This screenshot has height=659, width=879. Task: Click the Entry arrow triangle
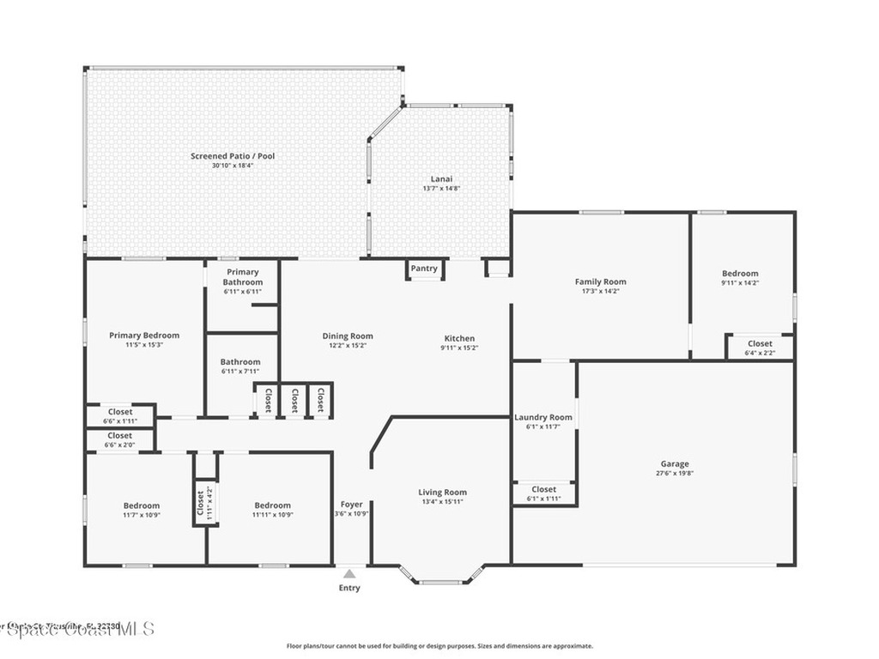pos(349,573)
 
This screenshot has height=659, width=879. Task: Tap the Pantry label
pos(424,269)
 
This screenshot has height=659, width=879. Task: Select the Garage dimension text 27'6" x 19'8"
pos(675,474)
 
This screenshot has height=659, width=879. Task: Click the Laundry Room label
pos(543,418)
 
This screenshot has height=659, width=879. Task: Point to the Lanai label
pos(441,178)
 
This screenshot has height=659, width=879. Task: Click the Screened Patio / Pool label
pos(233,156)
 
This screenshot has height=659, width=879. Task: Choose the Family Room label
pos(600,281)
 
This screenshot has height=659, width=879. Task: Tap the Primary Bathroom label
pos(243,277)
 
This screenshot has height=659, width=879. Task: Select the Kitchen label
pos(459,338)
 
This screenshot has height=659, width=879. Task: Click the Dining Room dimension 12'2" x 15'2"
pos(348,346)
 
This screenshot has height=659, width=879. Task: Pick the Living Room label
pos(443,493)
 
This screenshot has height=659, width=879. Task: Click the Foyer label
pos(352,505)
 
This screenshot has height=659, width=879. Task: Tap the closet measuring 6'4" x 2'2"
pos(760,348)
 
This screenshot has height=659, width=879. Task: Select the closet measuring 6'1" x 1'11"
pos(543,493)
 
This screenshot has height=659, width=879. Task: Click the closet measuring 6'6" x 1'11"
pos(120,416)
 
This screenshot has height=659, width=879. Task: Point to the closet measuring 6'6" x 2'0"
pos(120,440)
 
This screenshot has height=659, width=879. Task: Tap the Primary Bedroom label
pos(144,336)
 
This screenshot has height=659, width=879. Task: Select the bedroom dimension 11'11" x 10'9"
pos(272,515)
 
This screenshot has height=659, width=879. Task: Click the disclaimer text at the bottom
pos(439,646)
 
